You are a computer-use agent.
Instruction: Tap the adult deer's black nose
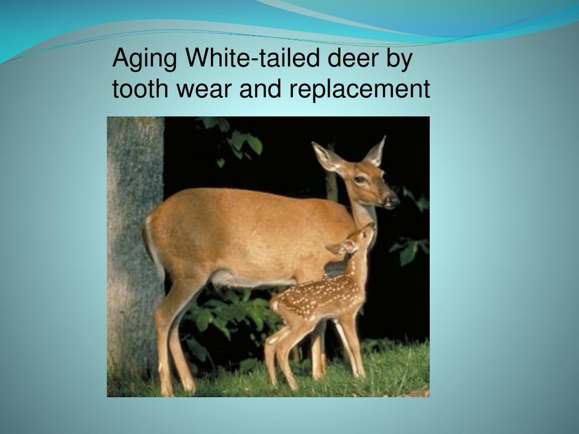point(392,199)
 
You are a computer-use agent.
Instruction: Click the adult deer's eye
point(360,179)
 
